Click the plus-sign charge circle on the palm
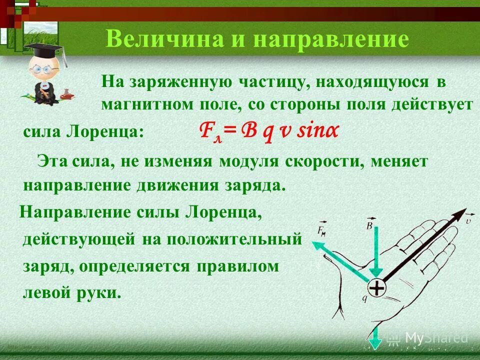(377, 288)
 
